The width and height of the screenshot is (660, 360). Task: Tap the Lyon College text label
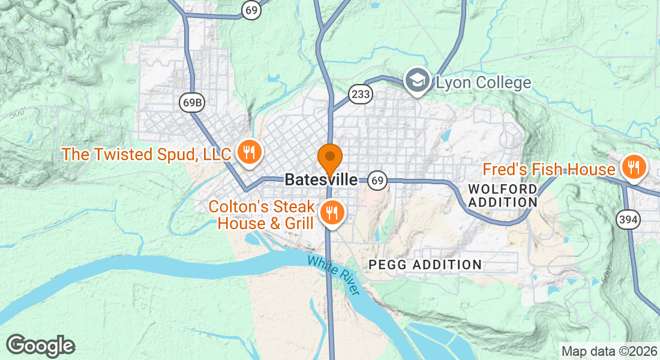[x=484, y=83]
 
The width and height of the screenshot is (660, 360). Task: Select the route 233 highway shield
[x=361, y=94]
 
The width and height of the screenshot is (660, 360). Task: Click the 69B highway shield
[x=192, y=103]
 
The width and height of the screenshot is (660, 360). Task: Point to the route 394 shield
[x=628, y=220]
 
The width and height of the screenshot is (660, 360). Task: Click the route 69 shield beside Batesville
[x=377, y=179]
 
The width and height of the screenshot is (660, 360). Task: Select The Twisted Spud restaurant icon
[x=248, y=152]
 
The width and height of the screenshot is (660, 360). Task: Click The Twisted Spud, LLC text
[x=146, y=154]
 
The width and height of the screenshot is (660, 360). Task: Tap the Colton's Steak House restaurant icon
[x=331, y=212]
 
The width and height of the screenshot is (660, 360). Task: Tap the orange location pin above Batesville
[x=329, y=159]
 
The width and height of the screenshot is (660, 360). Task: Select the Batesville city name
[x=321, y=179]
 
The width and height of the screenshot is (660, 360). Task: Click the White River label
[x=333, y=275]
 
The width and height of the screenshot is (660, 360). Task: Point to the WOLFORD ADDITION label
[x=502, y=196]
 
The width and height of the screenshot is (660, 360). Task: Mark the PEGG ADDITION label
[x=425, y=265]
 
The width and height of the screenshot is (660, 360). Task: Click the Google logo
[x=40, y=346]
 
